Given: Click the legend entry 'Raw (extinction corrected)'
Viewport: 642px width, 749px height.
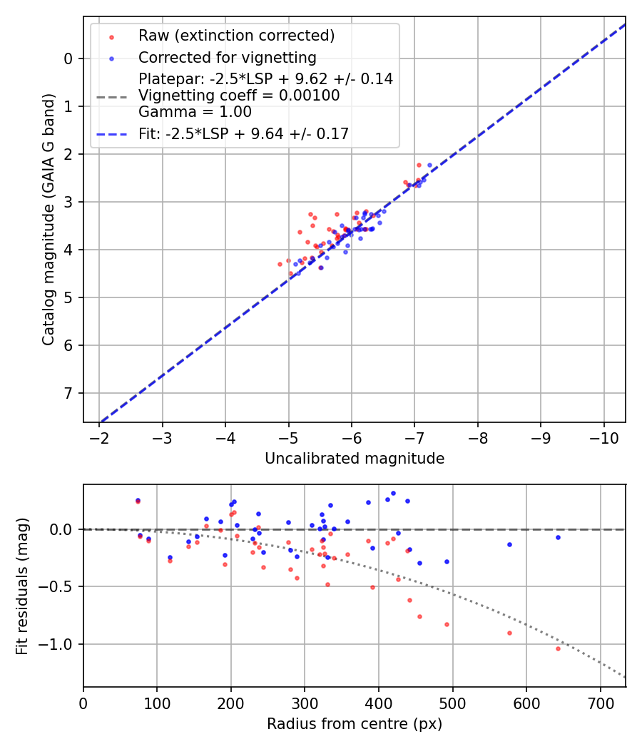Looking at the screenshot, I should point(236,36).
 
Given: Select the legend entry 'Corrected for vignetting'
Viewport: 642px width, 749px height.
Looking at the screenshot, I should point(227,57).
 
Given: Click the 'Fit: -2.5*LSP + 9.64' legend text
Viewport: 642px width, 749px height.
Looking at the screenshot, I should point(243,133).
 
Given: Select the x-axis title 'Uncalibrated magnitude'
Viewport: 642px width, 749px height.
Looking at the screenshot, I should point(355,459).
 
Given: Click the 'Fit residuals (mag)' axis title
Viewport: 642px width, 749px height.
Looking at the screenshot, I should point(22,586).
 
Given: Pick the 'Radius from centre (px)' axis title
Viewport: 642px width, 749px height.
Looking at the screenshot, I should point(355,724).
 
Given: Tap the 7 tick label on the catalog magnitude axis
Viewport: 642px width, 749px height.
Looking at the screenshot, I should point(68,393).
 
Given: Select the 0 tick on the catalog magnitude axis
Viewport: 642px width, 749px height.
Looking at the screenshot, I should point(68,58).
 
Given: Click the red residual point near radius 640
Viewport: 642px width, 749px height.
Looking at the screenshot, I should point(558,648).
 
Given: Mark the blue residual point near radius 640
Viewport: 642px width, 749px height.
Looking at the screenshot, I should point(558,537).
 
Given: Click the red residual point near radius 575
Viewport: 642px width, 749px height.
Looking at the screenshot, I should point(509,633).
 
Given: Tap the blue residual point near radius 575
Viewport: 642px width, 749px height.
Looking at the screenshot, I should point(509,544).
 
